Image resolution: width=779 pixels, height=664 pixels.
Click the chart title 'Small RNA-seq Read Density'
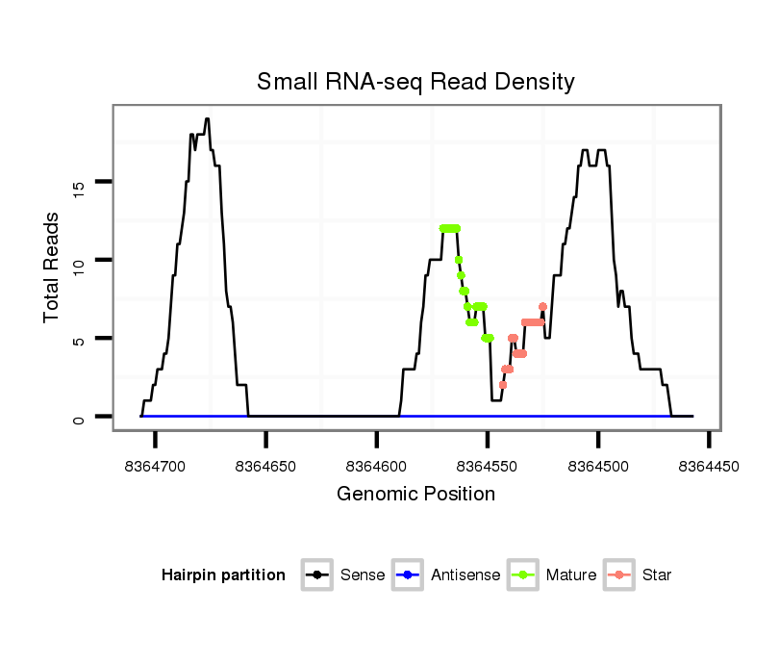415,82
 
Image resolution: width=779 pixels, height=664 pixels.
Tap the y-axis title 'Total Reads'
52,268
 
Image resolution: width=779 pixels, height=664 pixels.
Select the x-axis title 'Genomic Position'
415,495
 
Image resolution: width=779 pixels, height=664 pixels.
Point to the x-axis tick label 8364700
155,466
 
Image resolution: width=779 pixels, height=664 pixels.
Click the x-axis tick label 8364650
265,466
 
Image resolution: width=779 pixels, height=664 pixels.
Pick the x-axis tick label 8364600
376,466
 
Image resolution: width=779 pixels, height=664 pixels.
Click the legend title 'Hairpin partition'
223,575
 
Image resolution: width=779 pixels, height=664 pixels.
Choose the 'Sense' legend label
363,575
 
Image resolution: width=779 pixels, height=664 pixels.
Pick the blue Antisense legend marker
409,575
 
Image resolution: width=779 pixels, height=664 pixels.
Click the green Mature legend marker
524,575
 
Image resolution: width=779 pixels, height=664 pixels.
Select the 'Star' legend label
657,575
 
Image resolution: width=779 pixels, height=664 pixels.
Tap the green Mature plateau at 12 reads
449,228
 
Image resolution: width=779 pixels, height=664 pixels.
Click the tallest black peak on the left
207,119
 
